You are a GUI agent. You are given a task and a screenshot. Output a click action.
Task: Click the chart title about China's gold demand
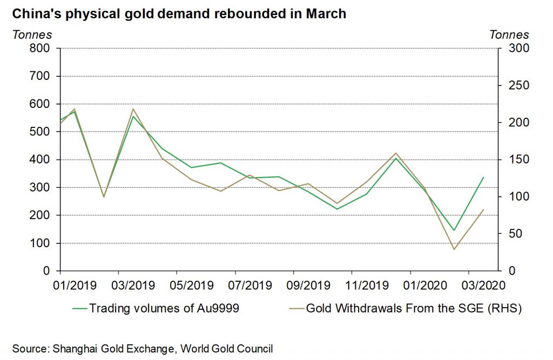click(x=179, y=14)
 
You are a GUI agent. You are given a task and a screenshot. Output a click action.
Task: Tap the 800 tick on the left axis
click(x=39, y=49)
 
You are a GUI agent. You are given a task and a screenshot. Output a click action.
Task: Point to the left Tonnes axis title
click(x=32, y=35)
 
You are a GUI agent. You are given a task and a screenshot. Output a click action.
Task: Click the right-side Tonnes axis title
click(x=509, y=35)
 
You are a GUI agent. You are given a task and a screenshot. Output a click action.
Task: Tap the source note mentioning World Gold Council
click(x=143, y=348)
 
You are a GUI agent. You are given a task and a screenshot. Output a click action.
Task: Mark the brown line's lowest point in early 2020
click(x=454, y=249)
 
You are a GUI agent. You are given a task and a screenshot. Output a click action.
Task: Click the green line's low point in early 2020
click(x=454, y=230)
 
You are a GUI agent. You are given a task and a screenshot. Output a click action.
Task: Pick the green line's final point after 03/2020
click(x=483, y=177)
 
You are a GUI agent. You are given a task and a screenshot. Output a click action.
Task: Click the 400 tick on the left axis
click(x=39, y=160)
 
